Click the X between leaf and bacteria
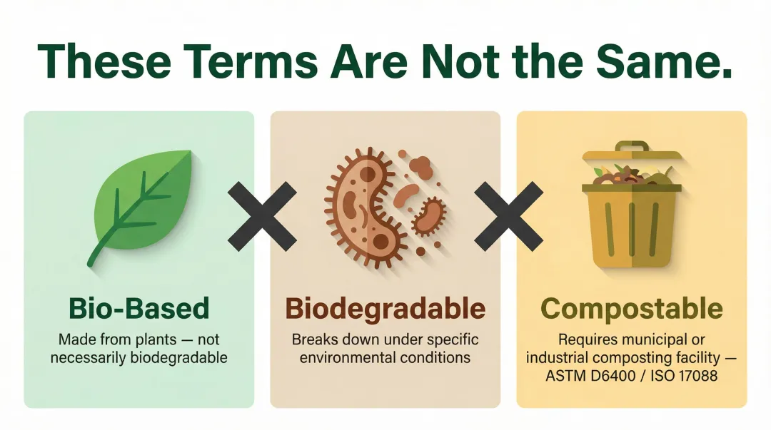pyautogui.click(x=262, y=215)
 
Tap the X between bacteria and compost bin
pyautogui.click(x=508, y=215)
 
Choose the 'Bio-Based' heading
pyautogui.click(x=138, y=308)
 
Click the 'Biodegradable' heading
pyautogui.click(x=385, y=309)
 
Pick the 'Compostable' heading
pyautogui.click(x=632, y=309)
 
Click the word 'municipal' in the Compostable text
pyautogui.click(x=656, y=339)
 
